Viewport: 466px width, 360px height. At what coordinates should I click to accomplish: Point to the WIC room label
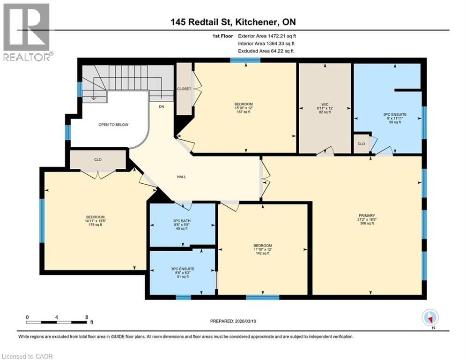pyautogui.click(x=325, y=104)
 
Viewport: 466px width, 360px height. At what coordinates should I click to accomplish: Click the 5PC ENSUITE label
pyautogui.click(x=393, y=114)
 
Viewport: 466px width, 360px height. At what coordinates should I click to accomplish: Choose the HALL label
pyautogui.click(x=182, y=177)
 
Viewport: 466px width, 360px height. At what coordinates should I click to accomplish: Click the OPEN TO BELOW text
pyautogui.click(x=113, y=125)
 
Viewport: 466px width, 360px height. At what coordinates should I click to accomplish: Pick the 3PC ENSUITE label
pyautogui.click(x=183, y=269)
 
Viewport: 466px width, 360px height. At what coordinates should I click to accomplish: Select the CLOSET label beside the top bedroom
pyautogui.click(x=184, y=89)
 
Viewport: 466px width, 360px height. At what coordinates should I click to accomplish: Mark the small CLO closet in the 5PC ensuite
pyautogui.click(x=361, y=144)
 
